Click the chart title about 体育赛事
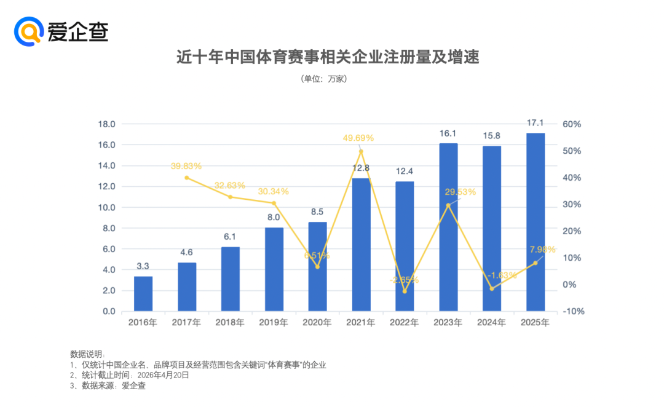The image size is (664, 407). tap(327, 57)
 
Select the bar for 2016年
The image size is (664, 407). tap(143, 294)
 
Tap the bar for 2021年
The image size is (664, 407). tap(361, 245)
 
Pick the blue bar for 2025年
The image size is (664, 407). tap(536, 222)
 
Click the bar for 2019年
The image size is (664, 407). tap(274, 269)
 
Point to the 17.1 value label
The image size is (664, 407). tap(536, 123)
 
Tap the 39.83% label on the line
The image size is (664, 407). tap(186, 166)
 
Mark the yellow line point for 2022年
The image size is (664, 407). tap(405, 291)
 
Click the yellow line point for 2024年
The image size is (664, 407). tap(492, 288)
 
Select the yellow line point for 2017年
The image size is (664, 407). tap(187, 178)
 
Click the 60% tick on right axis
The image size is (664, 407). tap(571, 124)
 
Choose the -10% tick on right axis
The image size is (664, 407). tap(571, 312)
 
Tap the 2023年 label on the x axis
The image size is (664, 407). tap(448, 323)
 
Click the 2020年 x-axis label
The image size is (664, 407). tap(317, 323)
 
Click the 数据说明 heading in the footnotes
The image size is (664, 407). tap(87, 354)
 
